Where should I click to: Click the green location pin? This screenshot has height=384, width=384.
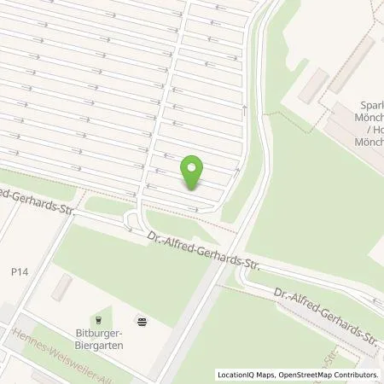point(195,174)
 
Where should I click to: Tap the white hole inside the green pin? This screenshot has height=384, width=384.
point(195,168)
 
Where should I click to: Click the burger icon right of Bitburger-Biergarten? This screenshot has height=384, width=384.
point(142,320)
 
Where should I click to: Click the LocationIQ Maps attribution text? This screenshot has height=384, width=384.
point(247,375)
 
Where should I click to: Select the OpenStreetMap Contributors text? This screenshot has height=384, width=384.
point(328,375)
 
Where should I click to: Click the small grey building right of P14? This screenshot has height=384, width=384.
point(60,288)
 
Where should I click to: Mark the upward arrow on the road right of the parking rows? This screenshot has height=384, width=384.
point(244,110)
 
